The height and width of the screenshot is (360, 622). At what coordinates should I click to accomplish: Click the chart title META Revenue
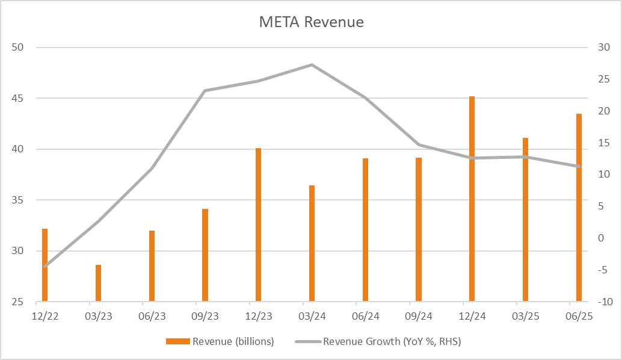[311, 22]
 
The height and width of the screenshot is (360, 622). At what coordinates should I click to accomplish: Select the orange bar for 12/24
[472, 199]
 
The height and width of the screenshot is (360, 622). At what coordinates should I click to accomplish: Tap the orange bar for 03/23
[98, 283]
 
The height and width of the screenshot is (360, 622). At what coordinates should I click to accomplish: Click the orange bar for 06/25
[579, 207]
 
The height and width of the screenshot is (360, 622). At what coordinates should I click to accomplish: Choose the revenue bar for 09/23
[205, 255]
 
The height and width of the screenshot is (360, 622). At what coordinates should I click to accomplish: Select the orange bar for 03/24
[312, 243]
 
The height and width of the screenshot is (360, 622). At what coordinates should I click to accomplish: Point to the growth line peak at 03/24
[312, 64]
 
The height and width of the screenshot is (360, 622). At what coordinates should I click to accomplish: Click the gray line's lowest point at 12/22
[45, 266]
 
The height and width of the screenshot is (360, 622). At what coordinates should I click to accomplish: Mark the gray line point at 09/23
[205, 91]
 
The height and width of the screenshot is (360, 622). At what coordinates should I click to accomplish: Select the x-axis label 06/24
[365, 315]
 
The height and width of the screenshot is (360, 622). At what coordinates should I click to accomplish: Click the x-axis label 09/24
[419, 315]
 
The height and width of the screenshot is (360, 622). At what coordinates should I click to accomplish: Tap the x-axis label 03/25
[526, 315]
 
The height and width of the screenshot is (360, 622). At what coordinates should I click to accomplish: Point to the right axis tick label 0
[600, 238]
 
